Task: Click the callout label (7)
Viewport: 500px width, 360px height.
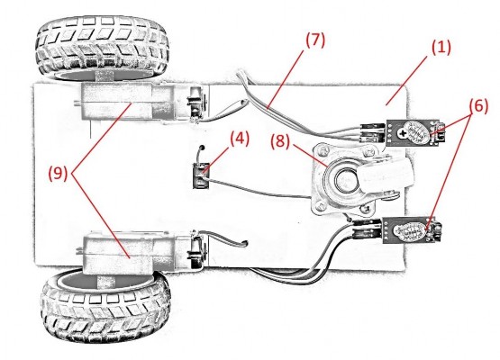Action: point(315,40)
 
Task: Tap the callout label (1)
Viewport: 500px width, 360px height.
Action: point(441,47)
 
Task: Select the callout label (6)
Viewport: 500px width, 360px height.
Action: point(478,106)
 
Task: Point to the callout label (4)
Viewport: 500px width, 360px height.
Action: point(240,139)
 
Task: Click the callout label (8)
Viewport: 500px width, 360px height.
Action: point(280,140)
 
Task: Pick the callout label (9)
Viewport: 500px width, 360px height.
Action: point(58,174)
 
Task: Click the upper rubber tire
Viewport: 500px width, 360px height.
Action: point(102,48)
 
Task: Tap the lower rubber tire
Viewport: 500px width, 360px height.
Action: point(105,306)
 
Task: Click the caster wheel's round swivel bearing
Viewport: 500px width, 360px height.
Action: point(344,180)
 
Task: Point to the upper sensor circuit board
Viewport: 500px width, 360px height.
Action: point(413,132)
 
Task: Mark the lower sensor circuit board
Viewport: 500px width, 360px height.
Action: point(412,230)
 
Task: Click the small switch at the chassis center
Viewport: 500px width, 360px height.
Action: point(201,175)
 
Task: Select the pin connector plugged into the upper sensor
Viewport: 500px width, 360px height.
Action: point(372,133)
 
